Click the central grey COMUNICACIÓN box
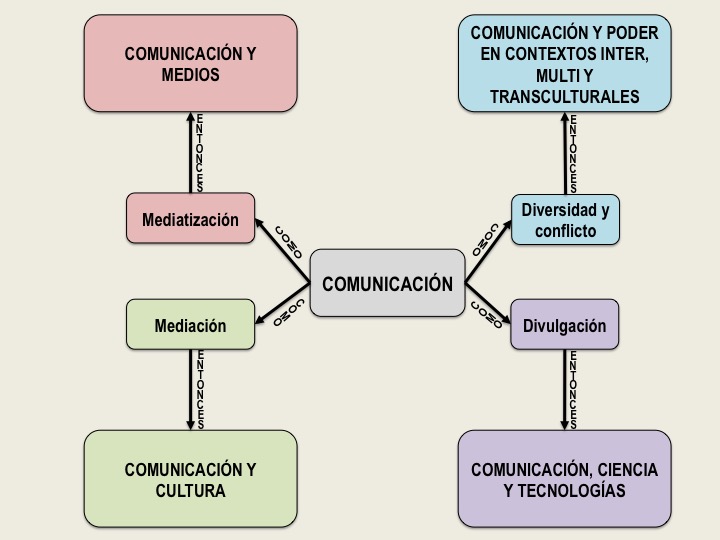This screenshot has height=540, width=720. click(387, 283)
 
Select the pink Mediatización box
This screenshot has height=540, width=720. click(190, 218)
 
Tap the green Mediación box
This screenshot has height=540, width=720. click(190, 325)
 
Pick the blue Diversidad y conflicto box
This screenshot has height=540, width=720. click(564, 220)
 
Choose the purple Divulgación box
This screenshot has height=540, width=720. click(564, 325)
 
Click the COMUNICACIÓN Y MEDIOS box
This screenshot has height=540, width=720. click(190, 62)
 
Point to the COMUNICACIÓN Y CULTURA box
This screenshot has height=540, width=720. click(190, 479)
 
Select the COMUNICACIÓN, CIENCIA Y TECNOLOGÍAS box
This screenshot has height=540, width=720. click(564, 479)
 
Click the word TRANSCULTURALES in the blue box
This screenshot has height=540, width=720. click(564, 96)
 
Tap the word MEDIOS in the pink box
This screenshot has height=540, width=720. click(190, 75)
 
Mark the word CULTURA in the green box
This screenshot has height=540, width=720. click(190, 491)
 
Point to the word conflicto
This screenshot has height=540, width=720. click(565, 231)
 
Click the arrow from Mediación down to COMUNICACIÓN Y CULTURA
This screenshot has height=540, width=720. click(190, 390)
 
